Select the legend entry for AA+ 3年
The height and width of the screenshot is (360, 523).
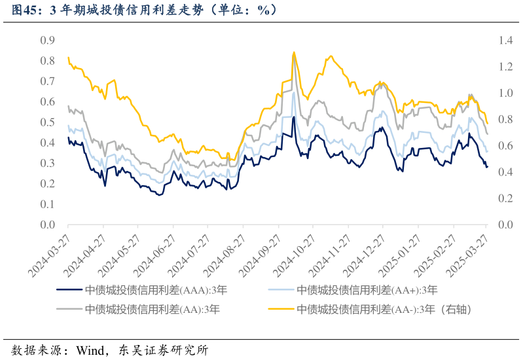[x=367, y=290]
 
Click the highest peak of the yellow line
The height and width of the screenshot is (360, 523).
[x=294, y=52]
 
